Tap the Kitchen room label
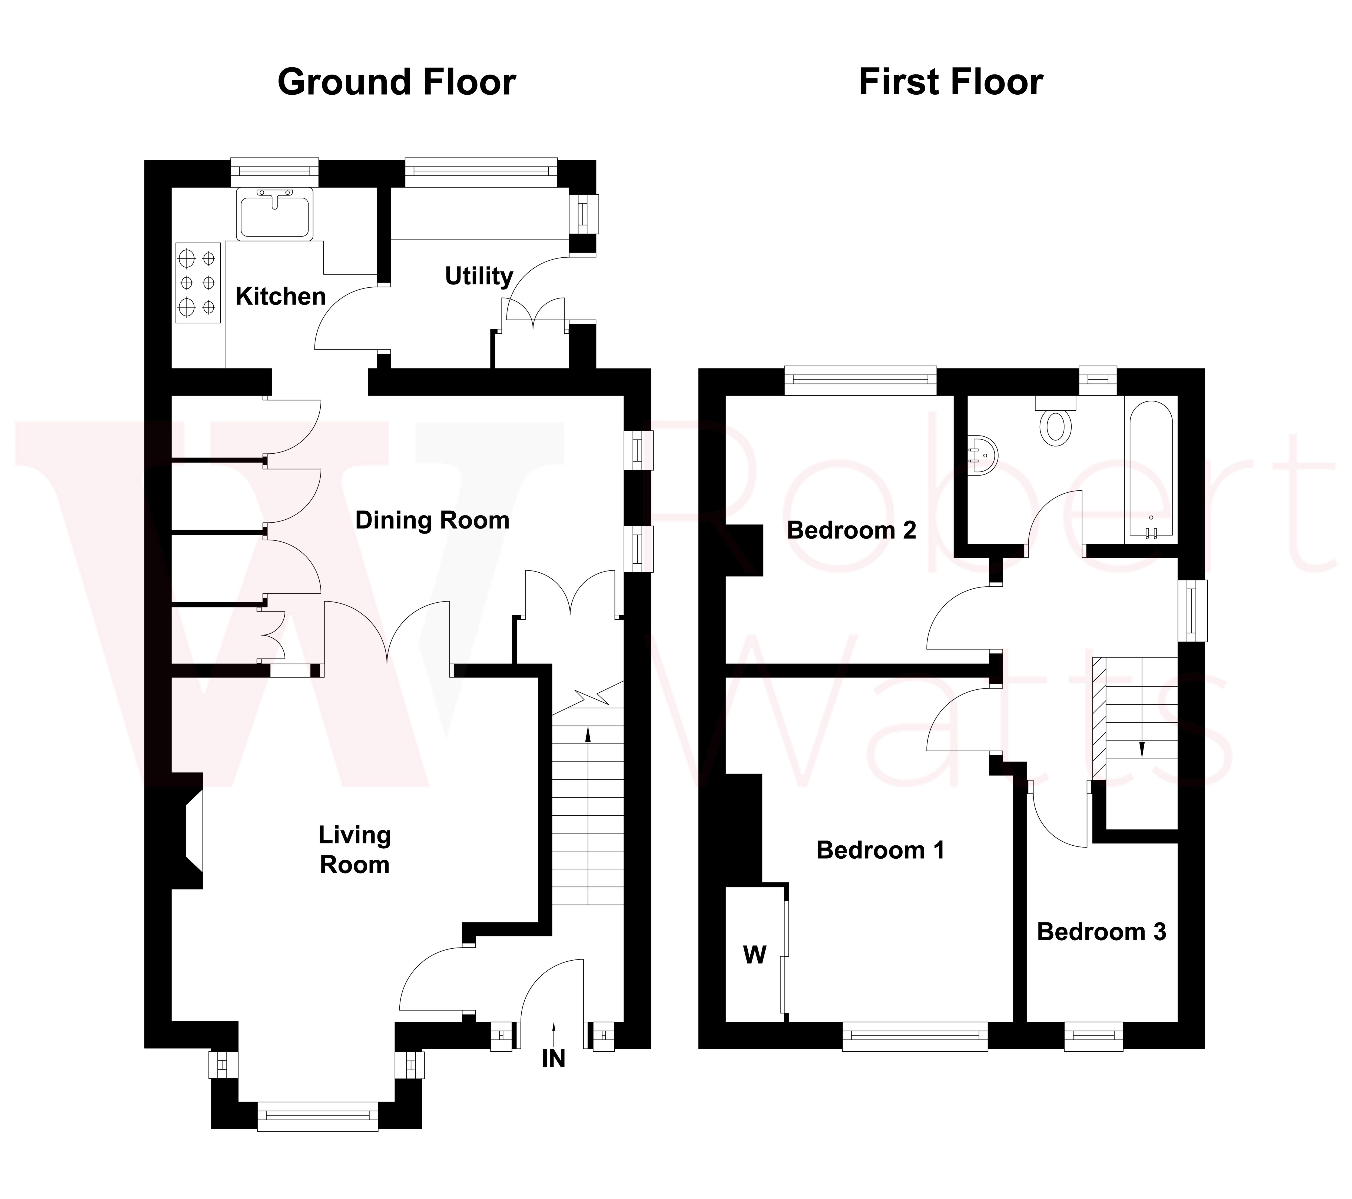click(280, 296)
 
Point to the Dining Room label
click(433, 520)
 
